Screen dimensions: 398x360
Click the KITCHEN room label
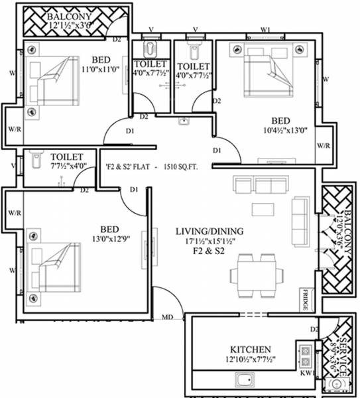tap(250, 349)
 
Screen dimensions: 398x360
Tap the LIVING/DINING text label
tap(210, 232)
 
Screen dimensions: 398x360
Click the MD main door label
tap(168, 318)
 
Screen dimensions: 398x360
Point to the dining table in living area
tap(255, 274)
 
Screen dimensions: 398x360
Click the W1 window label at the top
tap(266, 30)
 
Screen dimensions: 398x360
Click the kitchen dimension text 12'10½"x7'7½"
tap(250, 360)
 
